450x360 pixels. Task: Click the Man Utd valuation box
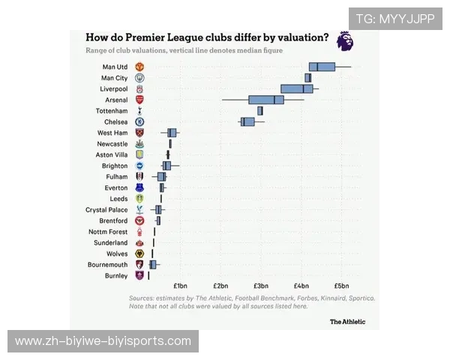(322, 67)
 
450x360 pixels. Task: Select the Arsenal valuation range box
(266, 100)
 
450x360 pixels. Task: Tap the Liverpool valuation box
(296, 88)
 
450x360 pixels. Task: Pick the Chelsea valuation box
(247, 121)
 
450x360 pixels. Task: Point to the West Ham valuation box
(172, 133)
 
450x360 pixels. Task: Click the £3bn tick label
(261, 286)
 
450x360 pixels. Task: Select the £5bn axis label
(341, 286)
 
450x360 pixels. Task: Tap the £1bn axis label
(180, 286)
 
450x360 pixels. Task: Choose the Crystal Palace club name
(106, 210)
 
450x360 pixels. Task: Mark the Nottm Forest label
(108, 232)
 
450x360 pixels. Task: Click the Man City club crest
(139, 78)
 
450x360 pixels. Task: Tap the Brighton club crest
(139, 166)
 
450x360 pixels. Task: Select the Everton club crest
(139, 187)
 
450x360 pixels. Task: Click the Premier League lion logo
(344, 41)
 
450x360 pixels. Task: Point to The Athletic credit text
(348, 322)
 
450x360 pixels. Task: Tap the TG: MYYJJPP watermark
(394, 19)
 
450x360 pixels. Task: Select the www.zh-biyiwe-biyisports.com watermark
(103, 341)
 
